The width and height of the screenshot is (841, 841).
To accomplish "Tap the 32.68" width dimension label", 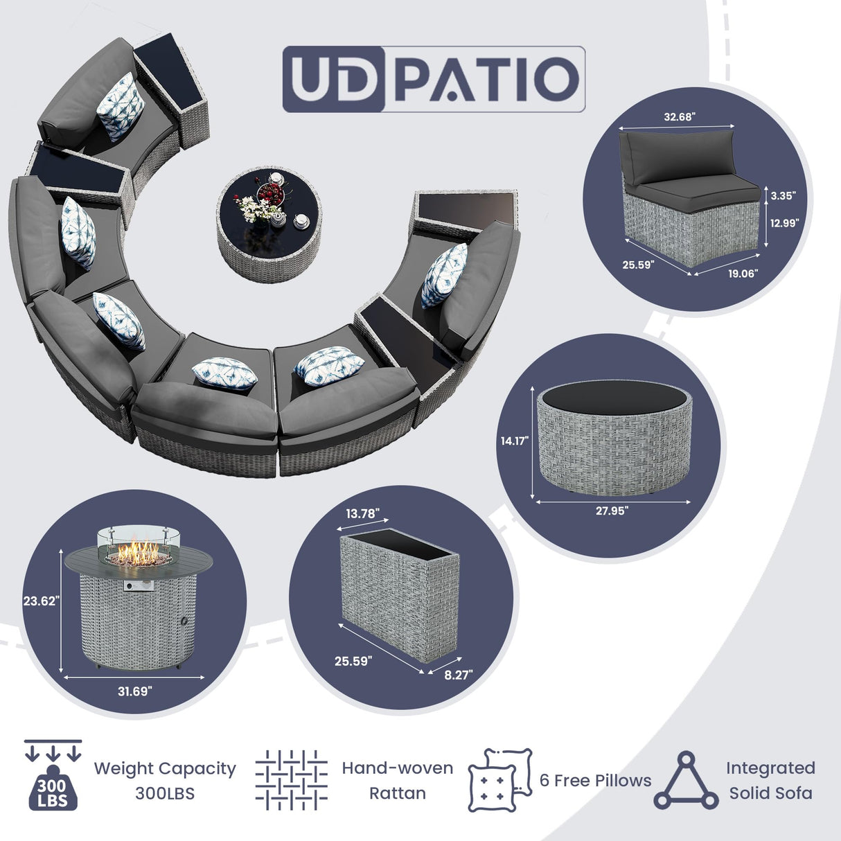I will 679,117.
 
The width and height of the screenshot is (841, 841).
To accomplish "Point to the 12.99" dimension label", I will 785,223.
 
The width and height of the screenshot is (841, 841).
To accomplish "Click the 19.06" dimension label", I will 743,274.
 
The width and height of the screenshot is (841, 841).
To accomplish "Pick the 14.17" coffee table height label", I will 515,441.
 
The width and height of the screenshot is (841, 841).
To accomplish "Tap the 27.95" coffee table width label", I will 612,511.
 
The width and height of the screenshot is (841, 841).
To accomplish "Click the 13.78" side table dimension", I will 362,513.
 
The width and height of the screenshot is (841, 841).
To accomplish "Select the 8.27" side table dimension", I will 459,675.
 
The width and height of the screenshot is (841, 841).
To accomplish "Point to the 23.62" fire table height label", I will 41,601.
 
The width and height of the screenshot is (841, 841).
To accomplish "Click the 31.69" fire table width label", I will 134,691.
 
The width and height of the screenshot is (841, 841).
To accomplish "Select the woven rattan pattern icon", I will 291,780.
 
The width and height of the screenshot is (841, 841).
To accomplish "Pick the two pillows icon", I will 499,780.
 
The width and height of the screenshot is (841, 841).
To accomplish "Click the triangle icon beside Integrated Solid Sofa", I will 686,781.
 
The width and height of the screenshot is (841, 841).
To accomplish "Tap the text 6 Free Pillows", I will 595,781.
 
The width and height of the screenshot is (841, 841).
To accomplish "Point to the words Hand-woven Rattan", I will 397,781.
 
